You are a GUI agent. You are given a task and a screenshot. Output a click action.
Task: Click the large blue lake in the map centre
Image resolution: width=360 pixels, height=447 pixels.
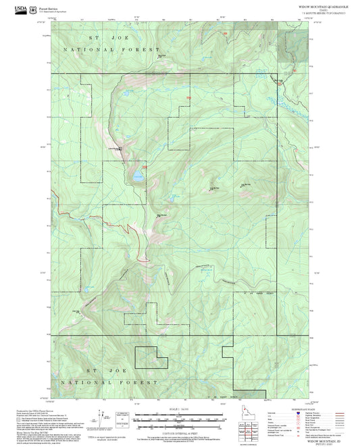(138, 175)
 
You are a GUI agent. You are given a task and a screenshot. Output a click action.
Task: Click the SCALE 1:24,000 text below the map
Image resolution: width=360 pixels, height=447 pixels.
(179, 409)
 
